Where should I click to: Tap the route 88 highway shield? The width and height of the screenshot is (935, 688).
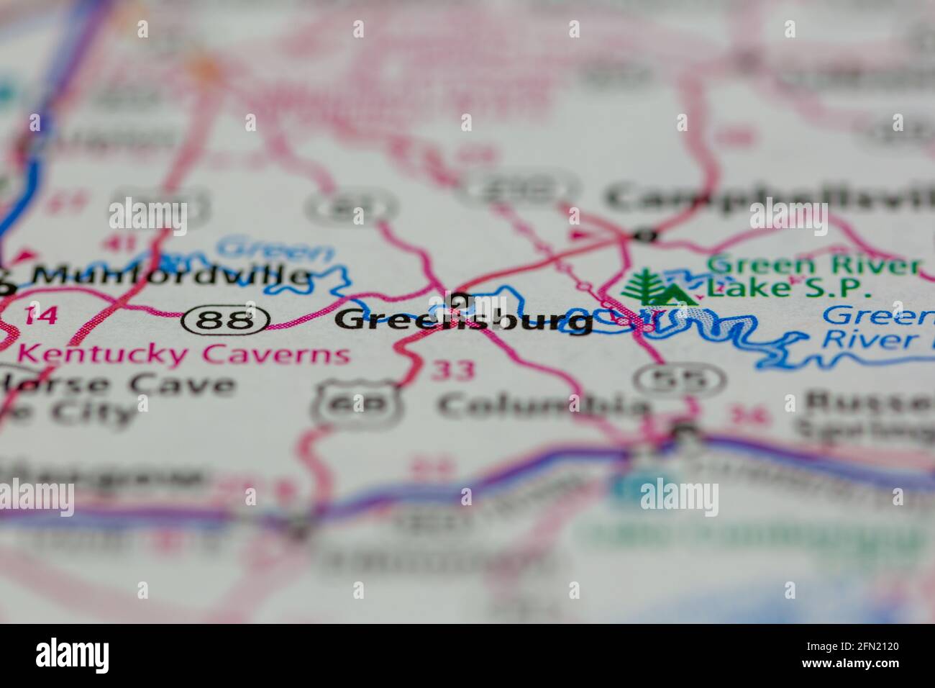point(225,320)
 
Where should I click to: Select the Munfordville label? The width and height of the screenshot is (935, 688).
point(165,275)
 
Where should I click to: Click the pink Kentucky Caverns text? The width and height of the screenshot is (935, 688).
point(184,354)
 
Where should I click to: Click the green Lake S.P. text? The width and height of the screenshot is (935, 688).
point(788,288)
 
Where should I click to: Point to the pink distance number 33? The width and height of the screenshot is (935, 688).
point(453,371)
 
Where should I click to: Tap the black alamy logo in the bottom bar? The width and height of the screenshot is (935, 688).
point(73,655)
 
